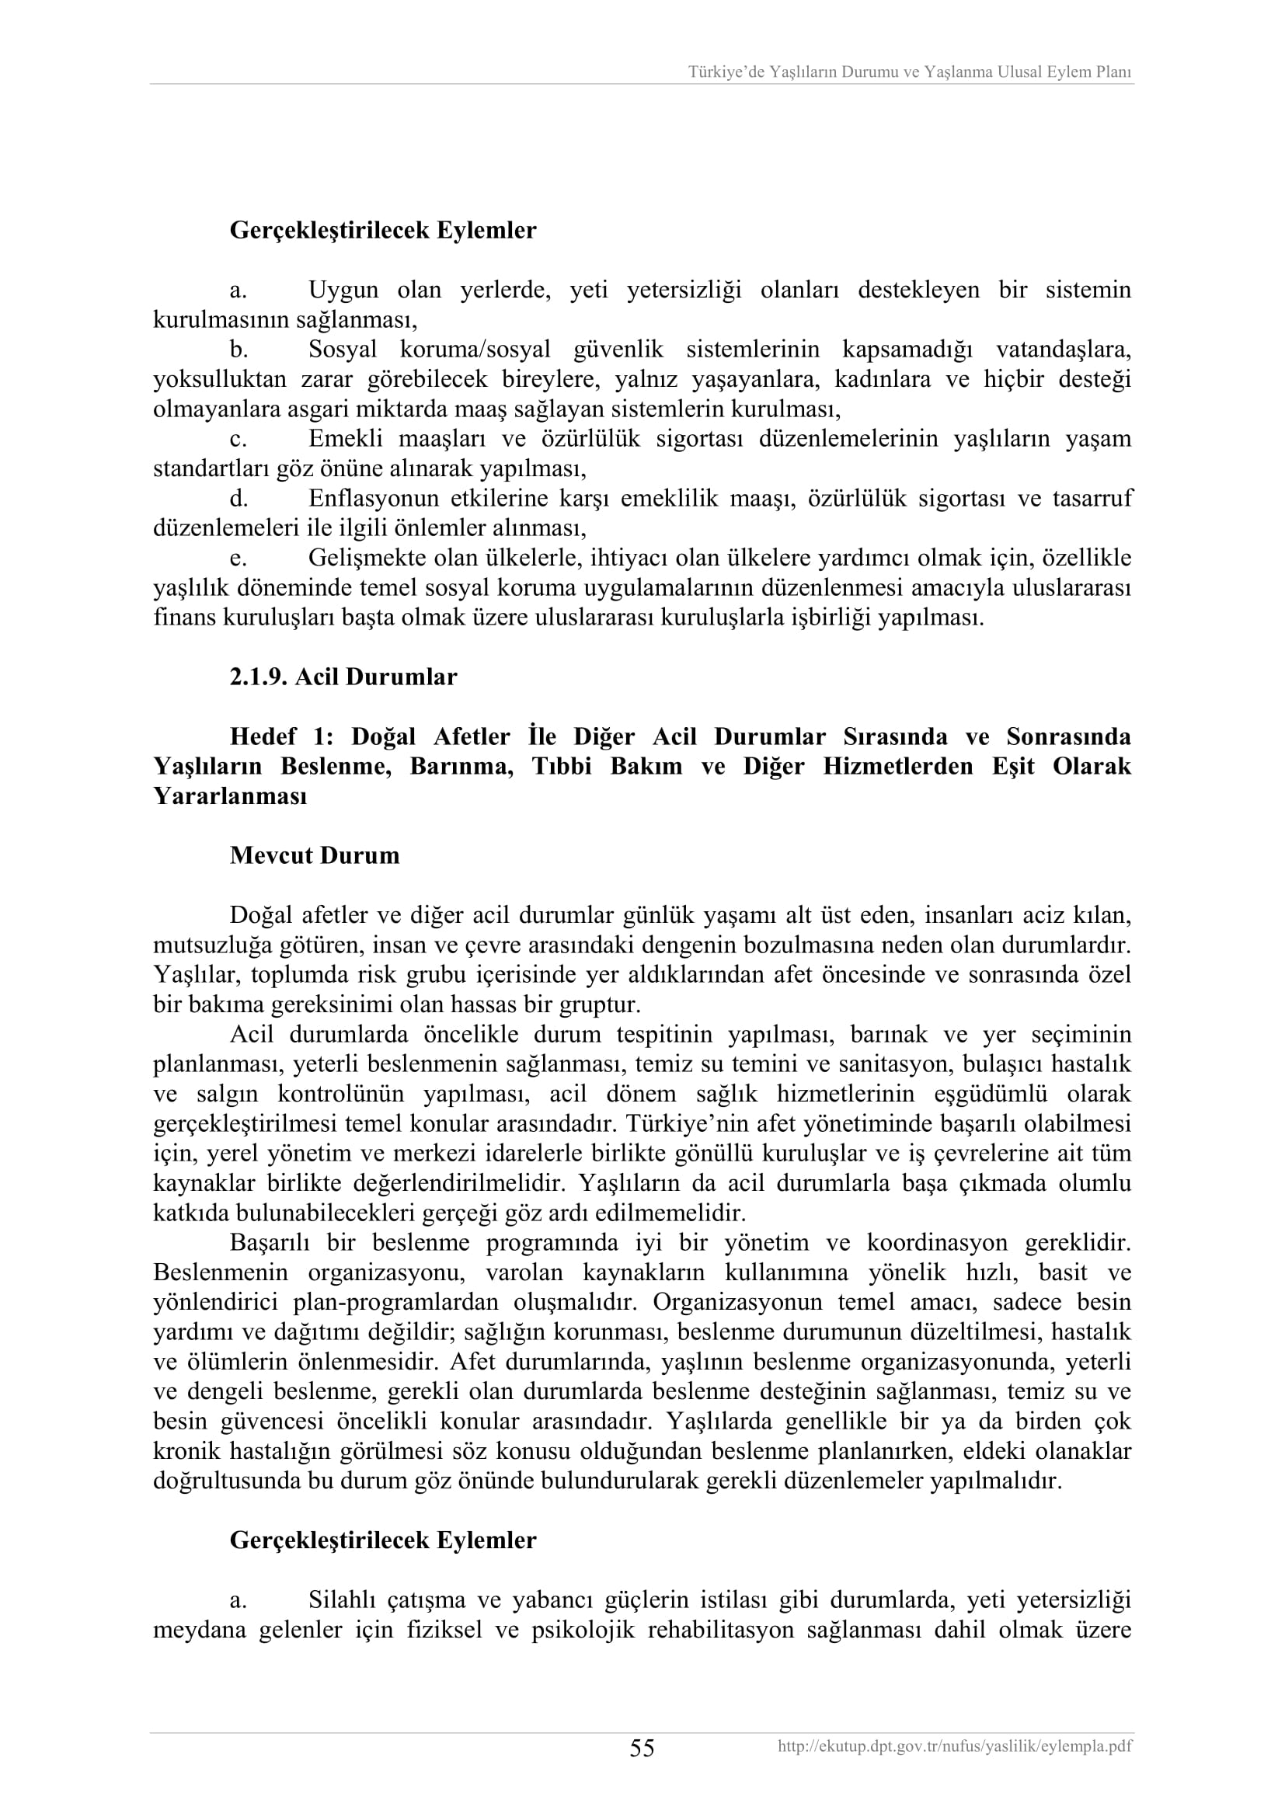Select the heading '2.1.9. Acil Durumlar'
(x=343, y=677)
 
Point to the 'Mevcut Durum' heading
(x=314, y=855)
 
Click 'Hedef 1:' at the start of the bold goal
(x=280, y=736)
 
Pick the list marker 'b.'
(x=239, y=350)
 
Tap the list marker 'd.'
(x=239, y=499)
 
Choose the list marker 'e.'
(x=239, y=558)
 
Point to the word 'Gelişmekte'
(x=367, y=558)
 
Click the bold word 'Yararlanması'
(x=229, y=796)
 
